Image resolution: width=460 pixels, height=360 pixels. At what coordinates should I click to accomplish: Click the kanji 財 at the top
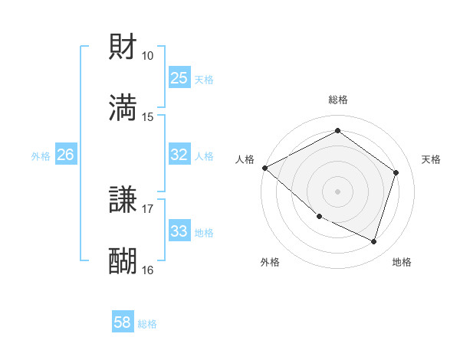(x=123, y=47)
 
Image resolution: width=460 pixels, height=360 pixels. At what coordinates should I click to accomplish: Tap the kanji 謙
(x=123, y=201)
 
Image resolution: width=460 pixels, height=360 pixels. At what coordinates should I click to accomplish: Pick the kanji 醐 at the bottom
(x=123, y=261)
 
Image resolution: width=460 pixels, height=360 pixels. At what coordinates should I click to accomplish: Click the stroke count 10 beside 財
(x=148, y=56)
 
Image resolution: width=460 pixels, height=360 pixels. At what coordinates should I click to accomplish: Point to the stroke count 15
(x=148, y=116)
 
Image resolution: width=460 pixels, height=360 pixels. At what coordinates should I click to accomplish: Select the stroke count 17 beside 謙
(x=148, y=209)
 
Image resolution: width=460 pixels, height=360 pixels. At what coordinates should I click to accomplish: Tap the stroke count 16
(x=148, y=270)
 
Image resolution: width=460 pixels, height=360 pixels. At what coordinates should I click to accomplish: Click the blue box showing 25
(x=179, y=78)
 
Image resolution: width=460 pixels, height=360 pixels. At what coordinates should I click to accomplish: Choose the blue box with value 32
(x=179, y=155)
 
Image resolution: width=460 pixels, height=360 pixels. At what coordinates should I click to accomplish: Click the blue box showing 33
(x=179, y=231)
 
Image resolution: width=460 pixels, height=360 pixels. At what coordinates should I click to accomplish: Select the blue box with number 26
(x=66, y=155)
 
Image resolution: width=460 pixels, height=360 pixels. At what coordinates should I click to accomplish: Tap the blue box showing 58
(x=123, y=323)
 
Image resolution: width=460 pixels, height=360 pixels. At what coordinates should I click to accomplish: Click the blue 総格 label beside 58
(x=148, y=324)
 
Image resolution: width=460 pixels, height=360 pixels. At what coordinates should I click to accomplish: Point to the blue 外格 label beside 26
(x=41, y=155)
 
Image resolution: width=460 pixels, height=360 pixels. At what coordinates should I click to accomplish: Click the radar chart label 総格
(x=338, y=100)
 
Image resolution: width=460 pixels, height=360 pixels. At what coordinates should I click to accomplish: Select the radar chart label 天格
(x=432, y=159)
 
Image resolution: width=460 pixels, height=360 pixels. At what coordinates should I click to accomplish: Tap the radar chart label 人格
(x=245, y=159)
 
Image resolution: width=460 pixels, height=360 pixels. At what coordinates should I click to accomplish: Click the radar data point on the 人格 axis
(x=264, y=167)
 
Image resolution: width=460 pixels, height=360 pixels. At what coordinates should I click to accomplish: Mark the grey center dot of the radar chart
(x=337, y=191)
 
